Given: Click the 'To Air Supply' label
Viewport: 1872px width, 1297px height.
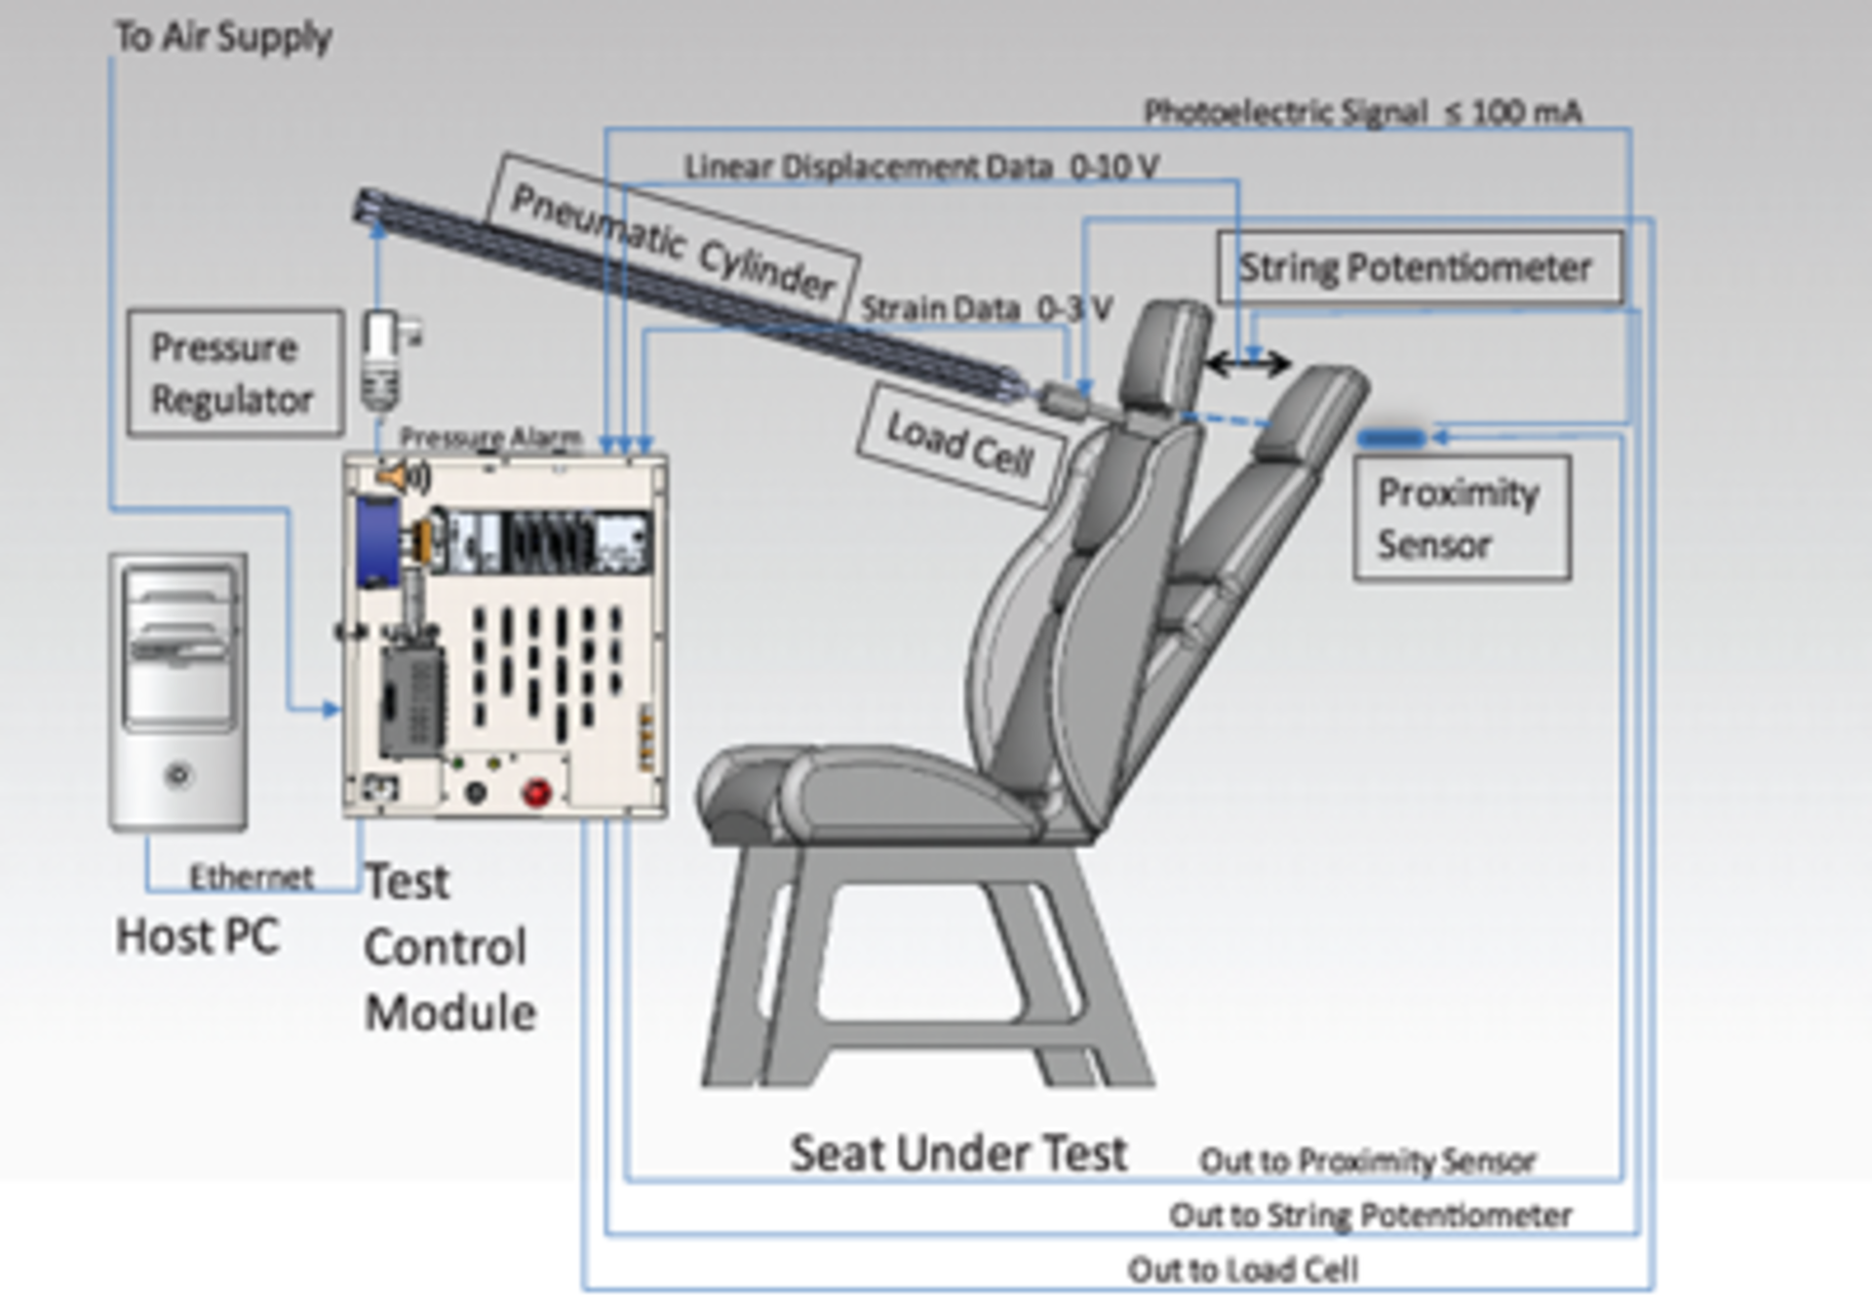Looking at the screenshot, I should coord(223,37).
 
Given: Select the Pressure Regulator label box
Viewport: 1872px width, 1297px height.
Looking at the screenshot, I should coord(235,373).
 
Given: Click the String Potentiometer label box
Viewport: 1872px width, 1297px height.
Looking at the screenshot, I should coord(1419,267).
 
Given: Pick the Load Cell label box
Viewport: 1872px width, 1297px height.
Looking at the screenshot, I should coord(959,445).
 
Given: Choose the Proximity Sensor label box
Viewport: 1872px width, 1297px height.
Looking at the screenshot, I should coord(1461,518).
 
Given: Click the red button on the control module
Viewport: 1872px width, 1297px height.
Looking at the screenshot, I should coord(536,792).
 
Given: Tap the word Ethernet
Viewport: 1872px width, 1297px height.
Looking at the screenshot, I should coord(252,877).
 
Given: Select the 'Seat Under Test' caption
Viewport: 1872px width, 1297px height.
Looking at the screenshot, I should coord(958,1153).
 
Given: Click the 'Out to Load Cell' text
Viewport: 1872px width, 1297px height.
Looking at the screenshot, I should coord(1242,1269).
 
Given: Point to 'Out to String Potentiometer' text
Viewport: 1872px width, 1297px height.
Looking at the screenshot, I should coord(1370,1215).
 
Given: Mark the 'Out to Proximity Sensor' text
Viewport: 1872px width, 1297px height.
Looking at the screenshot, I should coord(1367,1160).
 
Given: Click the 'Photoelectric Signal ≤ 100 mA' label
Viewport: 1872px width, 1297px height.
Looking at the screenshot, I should coord(1362,112).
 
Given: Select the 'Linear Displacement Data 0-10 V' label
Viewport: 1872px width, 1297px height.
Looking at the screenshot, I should coord(920,167).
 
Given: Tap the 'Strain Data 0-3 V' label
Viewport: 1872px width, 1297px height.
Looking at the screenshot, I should coord(986,309).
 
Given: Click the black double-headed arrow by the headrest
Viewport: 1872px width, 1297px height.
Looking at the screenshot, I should coord(1247,365).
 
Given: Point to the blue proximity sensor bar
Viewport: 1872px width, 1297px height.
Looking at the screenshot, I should coord(1392,439).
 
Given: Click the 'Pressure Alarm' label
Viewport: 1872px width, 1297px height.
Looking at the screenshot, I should coord(490,437).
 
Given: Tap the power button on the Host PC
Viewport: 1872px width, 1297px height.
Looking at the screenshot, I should coord(178,776).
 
